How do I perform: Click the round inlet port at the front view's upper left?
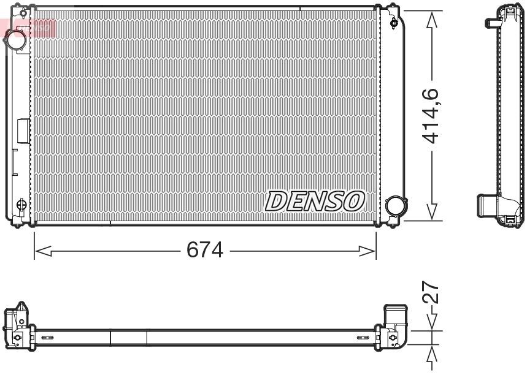15,40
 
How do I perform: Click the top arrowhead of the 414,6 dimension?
433,18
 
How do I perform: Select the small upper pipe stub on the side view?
491,23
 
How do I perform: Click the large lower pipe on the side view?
488,205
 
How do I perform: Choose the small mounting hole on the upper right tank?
393,24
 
